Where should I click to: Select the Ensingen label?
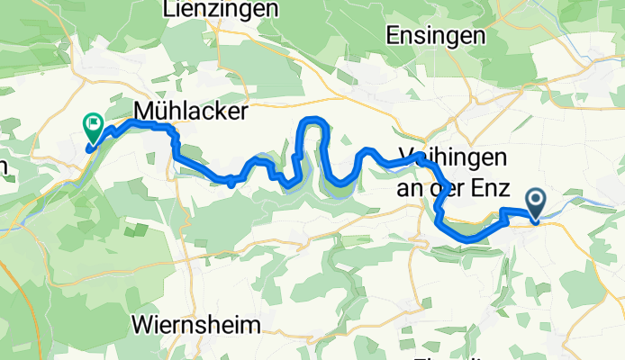pyautogui.click(x=435, y=36)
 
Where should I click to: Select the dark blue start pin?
pyautogui.click(x=536, y=202)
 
